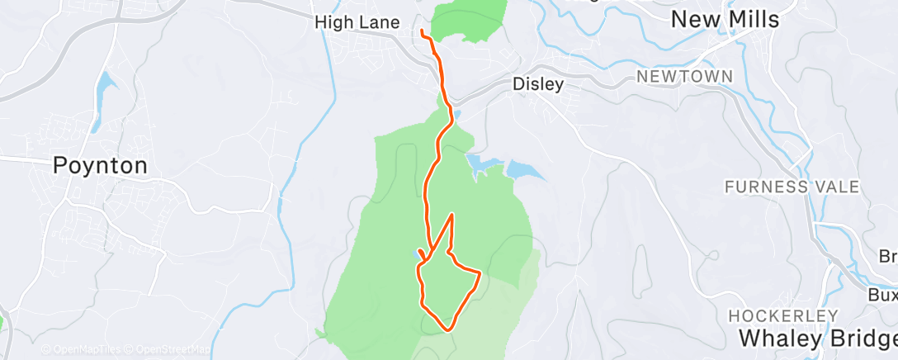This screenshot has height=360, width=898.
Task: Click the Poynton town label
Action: tap(100, 165)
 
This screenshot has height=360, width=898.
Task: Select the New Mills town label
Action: tap(725, 20)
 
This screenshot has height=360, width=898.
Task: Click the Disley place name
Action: tap(538, 83)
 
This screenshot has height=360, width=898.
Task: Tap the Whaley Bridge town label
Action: tap(817, 338)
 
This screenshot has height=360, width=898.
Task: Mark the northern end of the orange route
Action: tap(423, 32)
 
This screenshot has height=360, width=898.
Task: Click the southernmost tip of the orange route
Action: tap(448, 329)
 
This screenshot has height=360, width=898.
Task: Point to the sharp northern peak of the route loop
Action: tap(452, 215)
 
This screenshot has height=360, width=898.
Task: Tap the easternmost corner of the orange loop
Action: tap(480, 271)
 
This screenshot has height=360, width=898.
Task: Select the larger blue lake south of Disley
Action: tap(525, 171)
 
